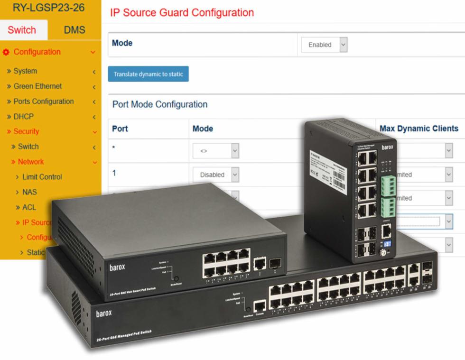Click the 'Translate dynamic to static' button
148,74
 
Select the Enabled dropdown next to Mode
325,45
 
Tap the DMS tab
74,30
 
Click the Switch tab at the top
22,30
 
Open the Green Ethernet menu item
37,86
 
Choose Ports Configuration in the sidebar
43,102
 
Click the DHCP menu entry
23,117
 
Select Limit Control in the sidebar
42,177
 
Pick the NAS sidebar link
29,192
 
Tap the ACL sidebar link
29,207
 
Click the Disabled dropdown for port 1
216,175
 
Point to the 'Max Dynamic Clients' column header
418,129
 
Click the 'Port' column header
120,129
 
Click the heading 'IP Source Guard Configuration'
182,13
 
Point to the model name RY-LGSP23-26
49,8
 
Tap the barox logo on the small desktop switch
117,267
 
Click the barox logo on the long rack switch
104,314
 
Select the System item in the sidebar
25,71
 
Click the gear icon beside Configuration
6,52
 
